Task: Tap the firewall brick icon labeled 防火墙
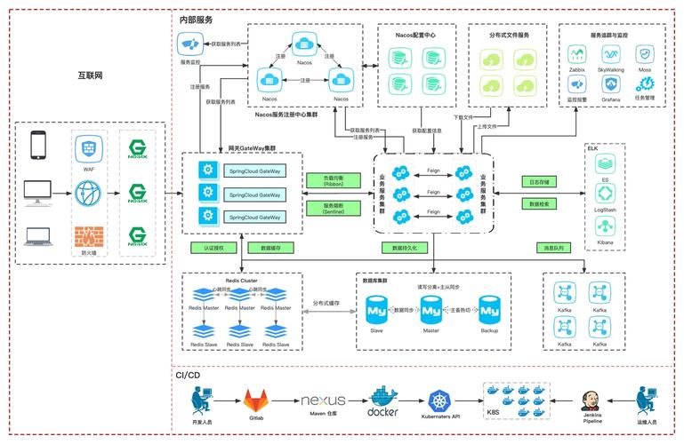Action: pyautogui.click(x=88, y=236)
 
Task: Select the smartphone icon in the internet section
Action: pyautogui.click(x=37, y=144)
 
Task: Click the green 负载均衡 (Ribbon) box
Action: pyautogui.click(x=329, y=179)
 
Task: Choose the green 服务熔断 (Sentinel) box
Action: pyautogui.click(x=329, y=209)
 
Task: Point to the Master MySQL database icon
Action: pyautogui.click(x=431, y=310)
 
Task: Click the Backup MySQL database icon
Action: pyautogui.click(x=489, y=310)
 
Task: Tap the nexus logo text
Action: pyautogui.click(x=324, y=401)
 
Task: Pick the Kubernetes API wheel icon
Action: pyautogui.click(x=441, y=400)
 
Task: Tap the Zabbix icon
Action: pyautogui.click(x=576, y=52)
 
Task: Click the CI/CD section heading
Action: pyautogui.click(x=187, y=376)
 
